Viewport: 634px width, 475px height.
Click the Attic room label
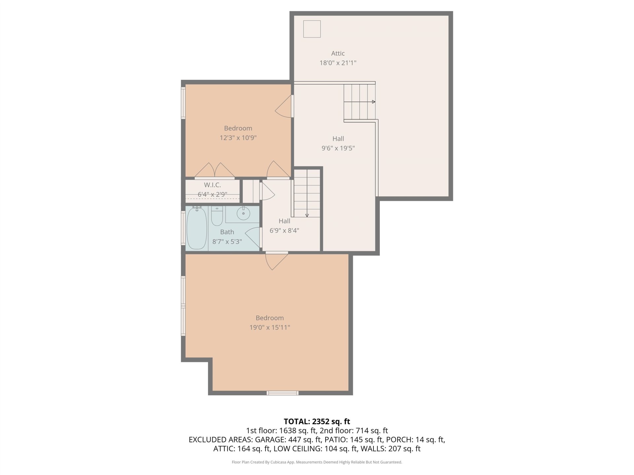[338, 53]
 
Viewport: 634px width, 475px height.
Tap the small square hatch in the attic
[312, 29]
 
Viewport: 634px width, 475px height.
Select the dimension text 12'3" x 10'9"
[238, 138]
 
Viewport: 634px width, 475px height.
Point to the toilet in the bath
[217, 216]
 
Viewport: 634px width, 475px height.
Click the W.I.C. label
[212, 185]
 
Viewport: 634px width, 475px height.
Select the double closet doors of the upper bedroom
[215, 170]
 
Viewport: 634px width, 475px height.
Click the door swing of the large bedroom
[277, 261]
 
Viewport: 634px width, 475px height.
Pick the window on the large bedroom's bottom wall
[282, 393]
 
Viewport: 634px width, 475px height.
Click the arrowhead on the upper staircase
[373, 102]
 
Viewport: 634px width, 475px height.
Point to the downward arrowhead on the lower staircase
[307, 215]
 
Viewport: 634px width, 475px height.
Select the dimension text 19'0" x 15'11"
[270, 327]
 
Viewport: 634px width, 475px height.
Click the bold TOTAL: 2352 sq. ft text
[317, 421]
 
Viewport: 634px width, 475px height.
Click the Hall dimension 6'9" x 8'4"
[284, 230]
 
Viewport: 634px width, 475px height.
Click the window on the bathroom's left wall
[183, 228]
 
